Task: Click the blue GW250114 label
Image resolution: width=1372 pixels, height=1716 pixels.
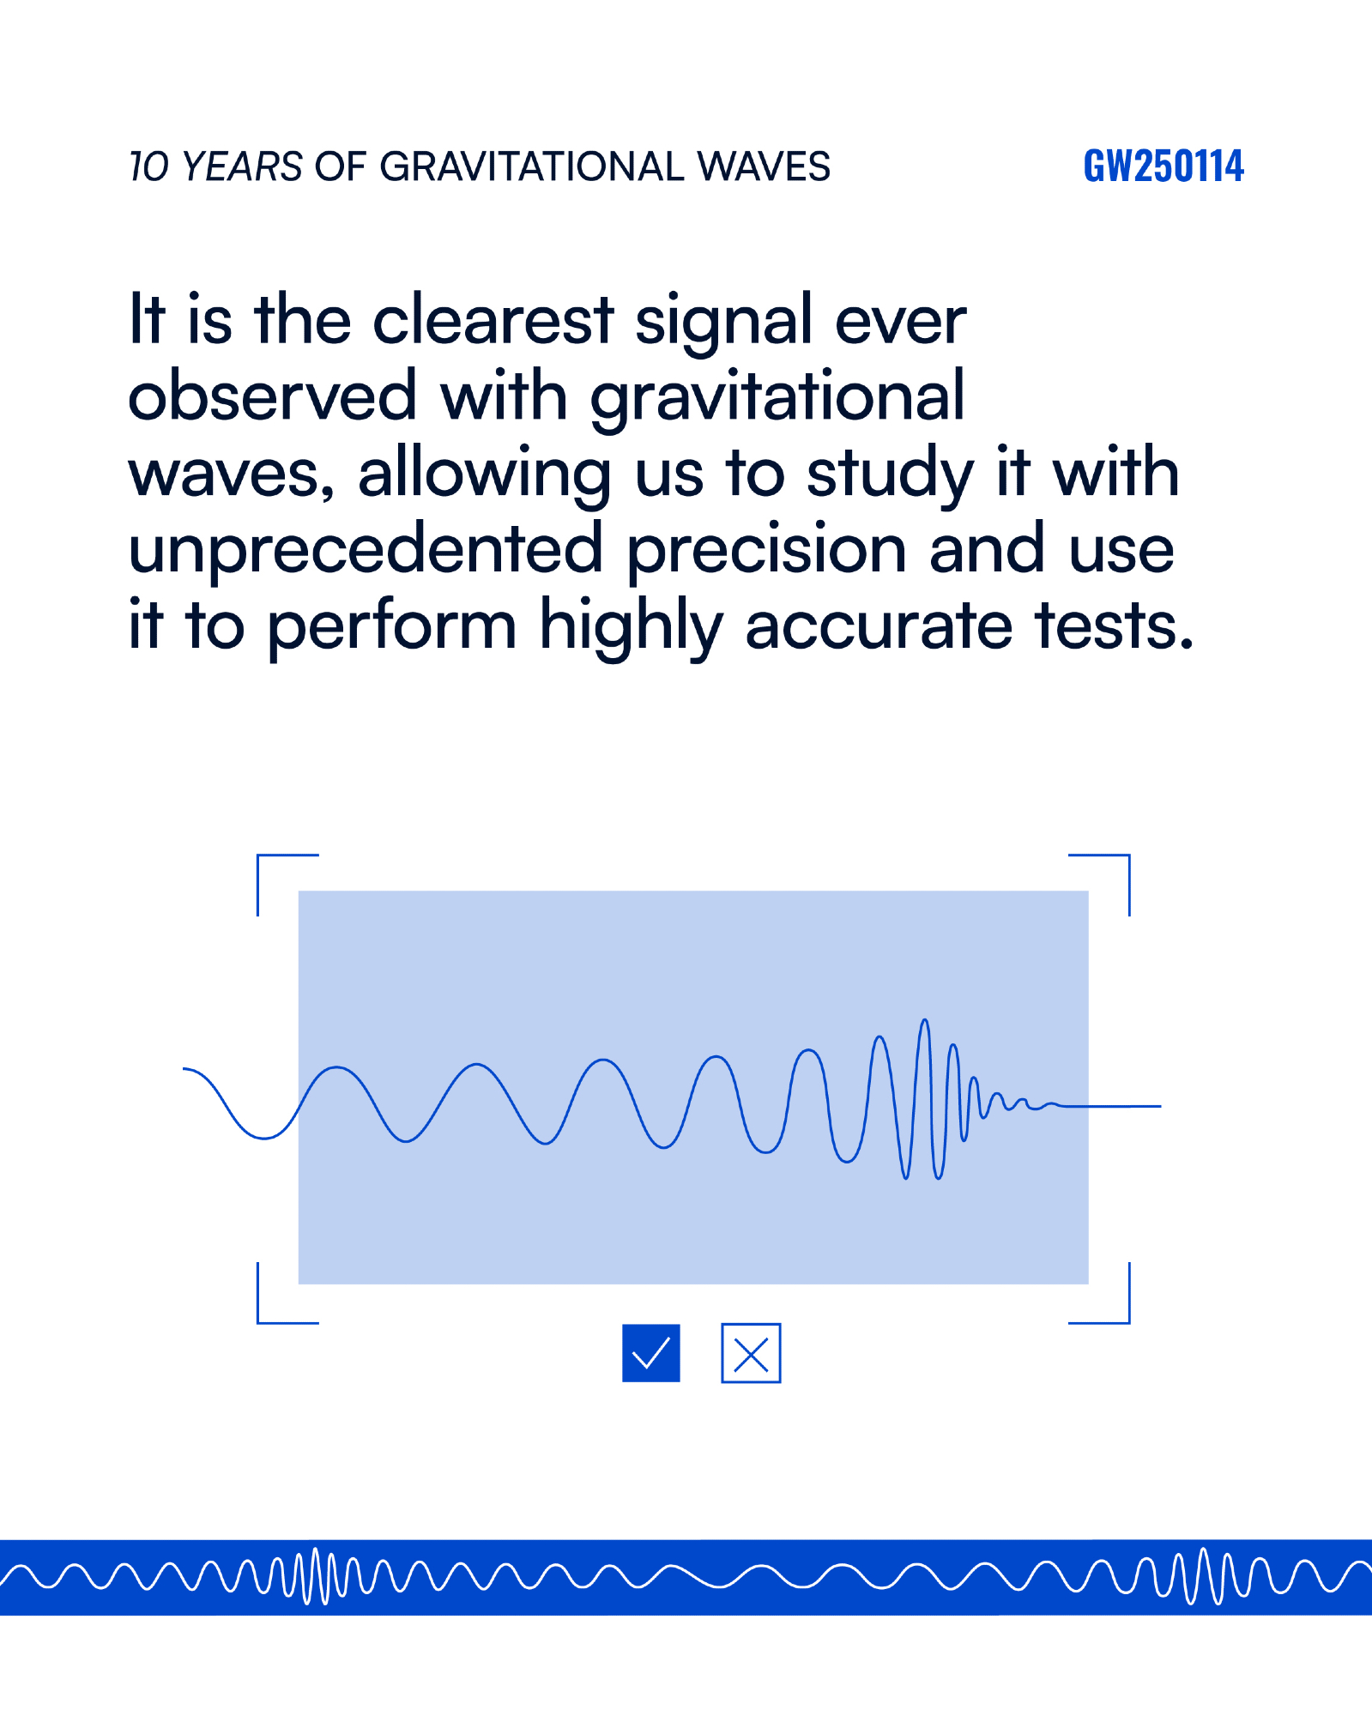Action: pos(1163,166)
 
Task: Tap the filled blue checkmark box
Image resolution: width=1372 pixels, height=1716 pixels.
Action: pos(651,1353)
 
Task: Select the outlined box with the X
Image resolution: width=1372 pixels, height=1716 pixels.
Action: pos(751,1353)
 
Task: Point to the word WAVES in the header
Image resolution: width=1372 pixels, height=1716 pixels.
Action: pos(764,166)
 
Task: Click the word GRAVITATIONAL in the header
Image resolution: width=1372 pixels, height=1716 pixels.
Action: pos(532,166)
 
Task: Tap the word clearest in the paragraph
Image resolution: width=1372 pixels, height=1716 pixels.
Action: pos(493,320)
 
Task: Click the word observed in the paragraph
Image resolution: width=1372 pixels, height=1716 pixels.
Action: pos(273,396)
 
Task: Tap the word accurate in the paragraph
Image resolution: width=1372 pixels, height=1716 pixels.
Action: pos(879,625)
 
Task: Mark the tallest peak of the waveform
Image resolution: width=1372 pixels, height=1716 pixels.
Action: pos(925,1020)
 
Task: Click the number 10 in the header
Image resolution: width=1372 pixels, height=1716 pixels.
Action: pos(151,166)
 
